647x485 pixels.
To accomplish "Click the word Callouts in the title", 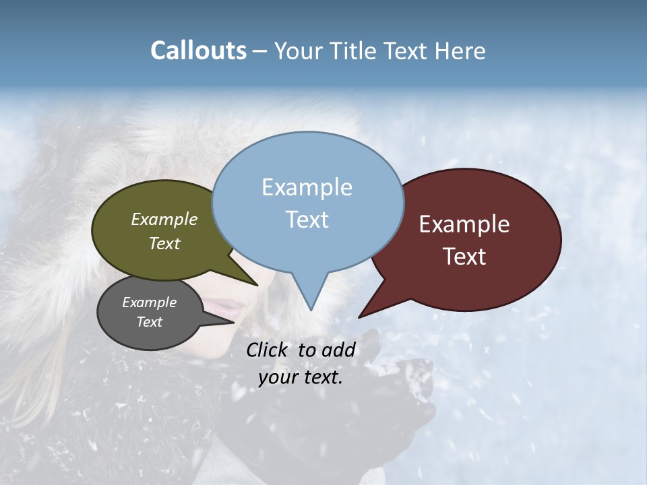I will pos(198,51).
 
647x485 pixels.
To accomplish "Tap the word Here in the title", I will pos(460,51).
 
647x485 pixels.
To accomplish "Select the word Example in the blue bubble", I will pos(307,187).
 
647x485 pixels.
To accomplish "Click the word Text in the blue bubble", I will pos(307,220).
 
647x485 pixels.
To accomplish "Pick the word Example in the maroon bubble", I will pos(464,224).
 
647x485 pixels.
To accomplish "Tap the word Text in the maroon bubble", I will pos(464,257).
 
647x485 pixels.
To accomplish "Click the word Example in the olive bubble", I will pos(164,219).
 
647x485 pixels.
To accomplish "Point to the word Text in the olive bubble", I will pos(164,243).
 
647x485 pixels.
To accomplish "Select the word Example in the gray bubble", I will pos(149,302).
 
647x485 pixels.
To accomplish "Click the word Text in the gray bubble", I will pos(149,322).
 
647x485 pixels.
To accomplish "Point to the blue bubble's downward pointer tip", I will pos(311,310).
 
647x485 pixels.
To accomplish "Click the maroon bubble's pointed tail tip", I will pos(359,317).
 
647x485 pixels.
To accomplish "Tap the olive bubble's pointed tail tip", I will pos(257,285).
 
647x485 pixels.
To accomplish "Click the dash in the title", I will pos(260,51).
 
